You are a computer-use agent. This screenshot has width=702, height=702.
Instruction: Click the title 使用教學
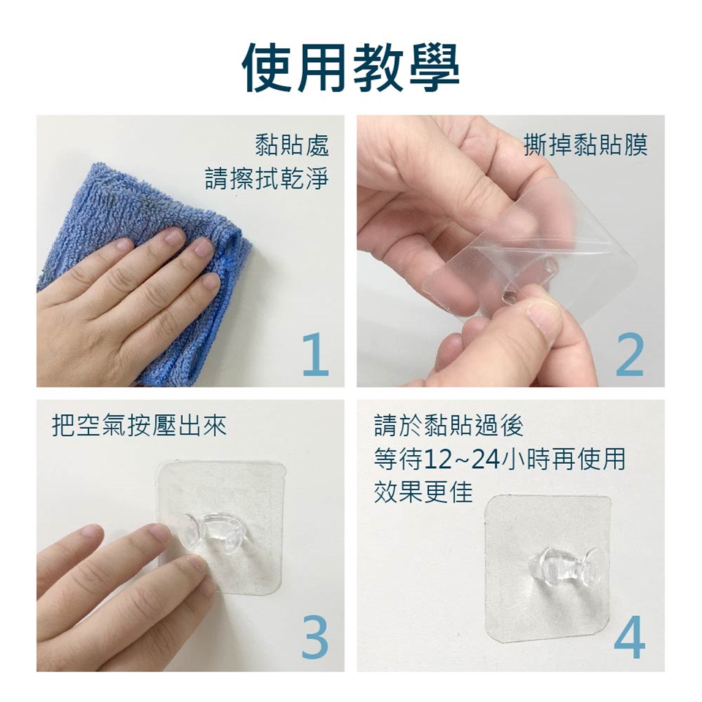[350, 68]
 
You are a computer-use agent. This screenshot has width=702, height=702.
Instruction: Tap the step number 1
[316, 354]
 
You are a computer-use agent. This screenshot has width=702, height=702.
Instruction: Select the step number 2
[630, 354]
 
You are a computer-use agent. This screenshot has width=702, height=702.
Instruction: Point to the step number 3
[315, 638]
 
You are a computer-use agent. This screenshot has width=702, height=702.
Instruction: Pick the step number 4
[630, 638]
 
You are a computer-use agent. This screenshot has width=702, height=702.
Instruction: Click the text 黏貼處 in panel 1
[292, 145]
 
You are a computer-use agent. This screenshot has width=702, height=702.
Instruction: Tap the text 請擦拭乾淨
[267, 178]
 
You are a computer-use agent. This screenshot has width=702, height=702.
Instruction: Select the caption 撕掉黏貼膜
[586, 145]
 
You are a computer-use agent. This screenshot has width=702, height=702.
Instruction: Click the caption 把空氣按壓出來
[140, 425]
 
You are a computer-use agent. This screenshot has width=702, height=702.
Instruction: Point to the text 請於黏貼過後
[449, 425]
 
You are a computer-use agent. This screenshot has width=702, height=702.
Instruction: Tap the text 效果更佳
[423, 492]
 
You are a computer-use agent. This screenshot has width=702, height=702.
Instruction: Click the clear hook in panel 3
[214, 533]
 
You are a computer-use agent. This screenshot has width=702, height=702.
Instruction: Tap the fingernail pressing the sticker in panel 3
[197, 562]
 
